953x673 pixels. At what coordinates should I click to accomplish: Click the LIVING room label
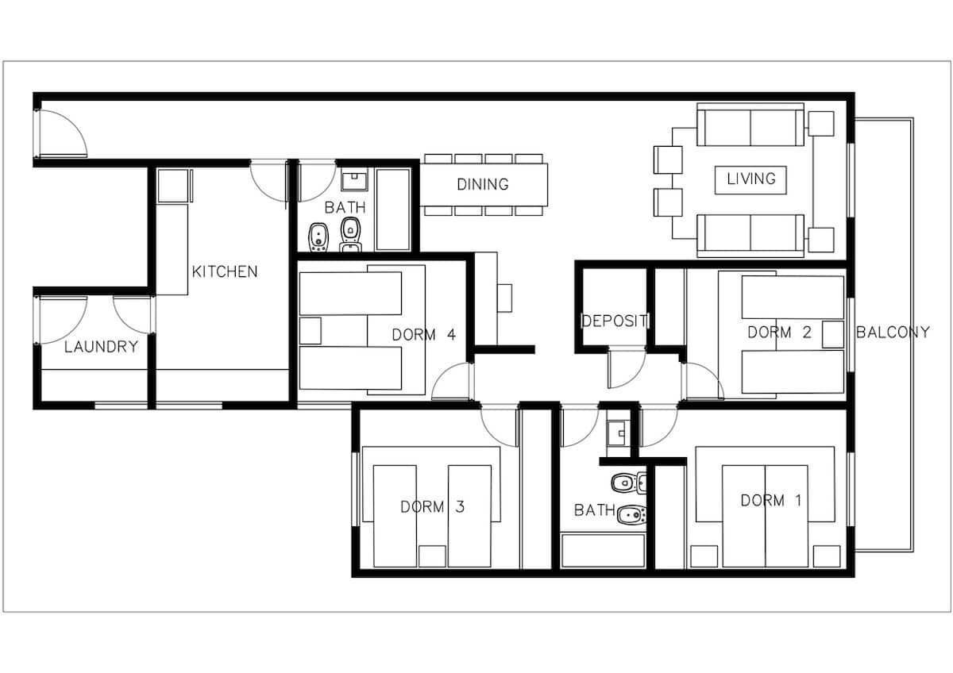click(751, 179)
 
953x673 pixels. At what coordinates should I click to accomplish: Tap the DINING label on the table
click(483, 184)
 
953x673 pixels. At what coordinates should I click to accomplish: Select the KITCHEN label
click(225, 271)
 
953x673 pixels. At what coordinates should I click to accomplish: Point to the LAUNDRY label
click(102, 347)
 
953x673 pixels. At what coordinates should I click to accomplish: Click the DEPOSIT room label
click(615, 321)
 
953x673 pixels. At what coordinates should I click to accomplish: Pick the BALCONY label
click(893, 332)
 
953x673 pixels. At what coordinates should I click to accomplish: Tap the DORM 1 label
click(771, 501)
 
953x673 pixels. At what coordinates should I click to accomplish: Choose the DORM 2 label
click(779, 332)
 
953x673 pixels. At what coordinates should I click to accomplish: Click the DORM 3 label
click(432, 506)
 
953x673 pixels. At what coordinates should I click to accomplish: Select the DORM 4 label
click(424, 335)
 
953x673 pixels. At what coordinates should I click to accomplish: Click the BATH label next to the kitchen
click(345, 207)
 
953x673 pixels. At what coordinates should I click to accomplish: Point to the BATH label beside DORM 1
click(594, 510)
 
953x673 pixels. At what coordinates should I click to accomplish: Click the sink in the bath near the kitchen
click(354, 181)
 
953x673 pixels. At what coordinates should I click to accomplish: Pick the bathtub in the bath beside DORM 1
click(603, 551)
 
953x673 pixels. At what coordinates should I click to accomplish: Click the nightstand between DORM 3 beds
click(432, 556)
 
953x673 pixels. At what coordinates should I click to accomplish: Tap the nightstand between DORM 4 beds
click(311, 330)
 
